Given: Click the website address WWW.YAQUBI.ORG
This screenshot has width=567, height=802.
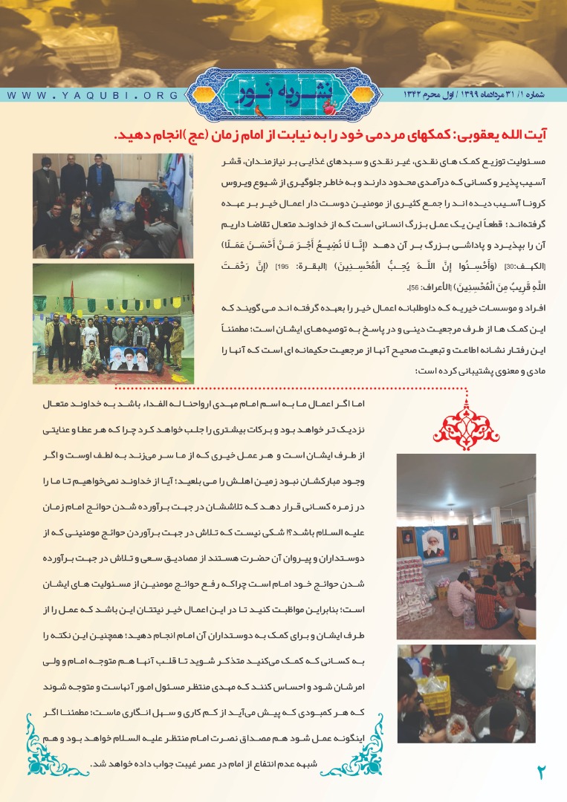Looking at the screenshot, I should [x=94, y=96].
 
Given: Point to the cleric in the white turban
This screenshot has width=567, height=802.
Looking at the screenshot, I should [x=119, y=323].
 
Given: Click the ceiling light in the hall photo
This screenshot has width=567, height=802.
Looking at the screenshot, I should [x=450, y=512].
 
